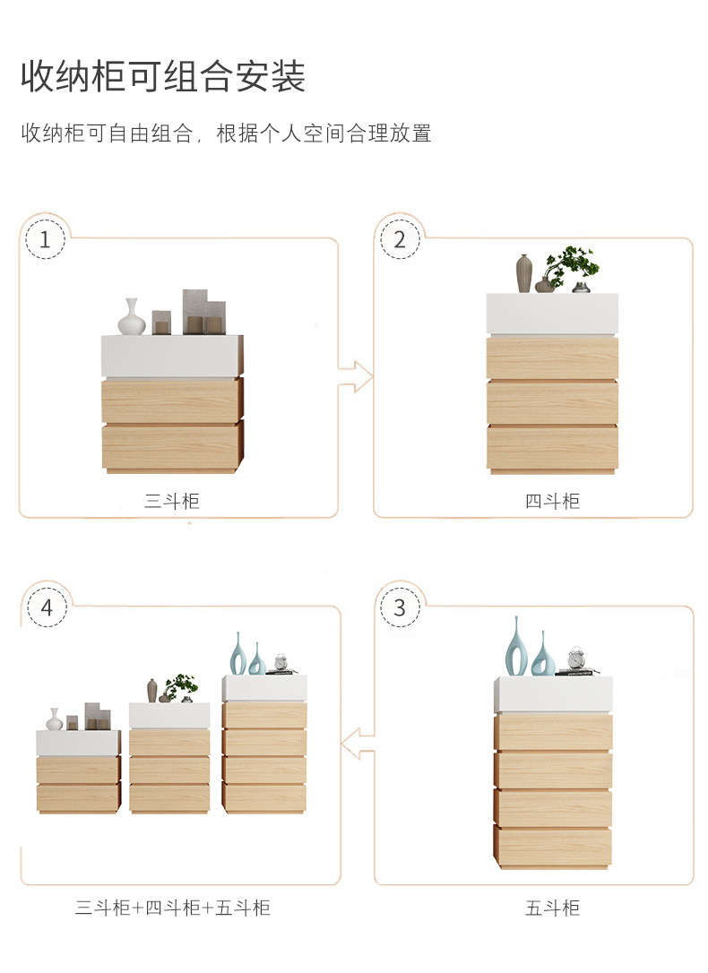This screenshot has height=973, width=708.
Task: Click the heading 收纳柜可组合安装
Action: [x=163, y=77]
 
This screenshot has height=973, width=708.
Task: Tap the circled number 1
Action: [x=45, y=239]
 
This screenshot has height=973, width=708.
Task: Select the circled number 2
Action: [x=400, y=239]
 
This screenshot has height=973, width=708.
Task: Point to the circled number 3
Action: [x=400, y=607]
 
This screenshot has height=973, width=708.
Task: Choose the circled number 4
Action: [x=47, y=607]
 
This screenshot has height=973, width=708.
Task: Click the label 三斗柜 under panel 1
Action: [x=172, y=501]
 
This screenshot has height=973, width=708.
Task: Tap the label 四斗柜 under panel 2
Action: [x=552, y=501]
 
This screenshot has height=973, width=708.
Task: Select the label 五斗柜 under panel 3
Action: [x=552, y=908]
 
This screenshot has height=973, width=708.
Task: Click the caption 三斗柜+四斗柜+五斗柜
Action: [x=172, y=908]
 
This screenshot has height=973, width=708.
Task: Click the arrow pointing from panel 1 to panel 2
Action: [x=356, y=376]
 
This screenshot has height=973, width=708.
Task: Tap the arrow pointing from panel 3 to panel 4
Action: [x=358, y=743]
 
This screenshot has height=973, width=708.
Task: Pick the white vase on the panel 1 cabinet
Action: [x=132, y=317]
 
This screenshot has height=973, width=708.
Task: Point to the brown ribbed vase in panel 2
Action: [x=524, y=273]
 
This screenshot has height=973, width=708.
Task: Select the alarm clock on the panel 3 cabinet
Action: [x=576, y=659]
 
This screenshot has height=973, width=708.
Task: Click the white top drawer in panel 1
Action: [x=172, y=357]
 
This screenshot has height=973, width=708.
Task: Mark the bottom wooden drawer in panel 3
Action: [x=553, y=845]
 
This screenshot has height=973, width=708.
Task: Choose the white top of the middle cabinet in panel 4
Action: [x=169, y=716]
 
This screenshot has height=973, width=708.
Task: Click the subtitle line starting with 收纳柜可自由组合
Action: [x=226, y=133]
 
